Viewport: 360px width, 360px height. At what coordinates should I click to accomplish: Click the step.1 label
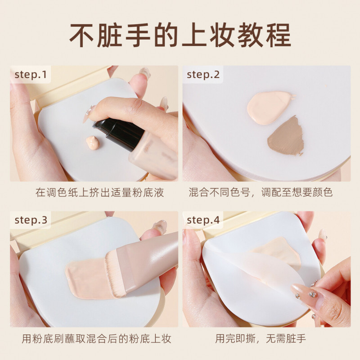(31, 75)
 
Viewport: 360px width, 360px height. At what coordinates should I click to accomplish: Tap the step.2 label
(203, 75)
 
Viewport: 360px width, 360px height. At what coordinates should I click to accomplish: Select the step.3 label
(31, 220)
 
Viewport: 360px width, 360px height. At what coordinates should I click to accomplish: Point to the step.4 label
(203, 220)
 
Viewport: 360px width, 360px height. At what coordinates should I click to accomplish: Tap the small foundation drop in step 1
(93, 143)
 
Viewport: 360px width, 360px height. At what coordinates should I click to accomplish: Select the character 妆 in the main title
(222, 35)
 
